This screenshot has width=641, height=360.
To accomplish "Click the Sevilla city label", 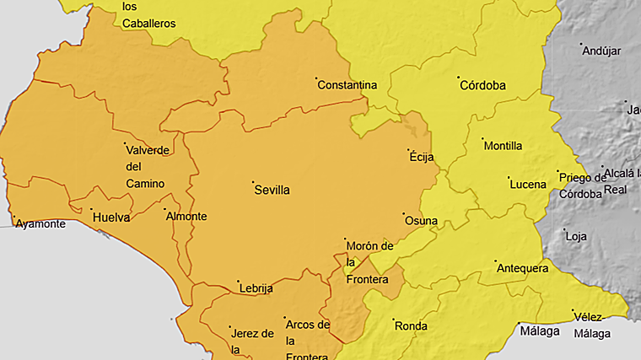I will [272, 191].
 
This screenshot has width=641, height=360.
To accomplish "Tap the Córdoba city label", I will [483, 86].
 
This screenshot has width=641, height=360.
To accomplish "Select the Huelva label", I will [111, 218].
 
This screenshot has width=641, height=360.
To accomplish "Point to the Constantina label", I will [347, 86].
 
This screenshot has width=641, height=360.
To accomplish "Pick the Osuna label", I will [422, 222].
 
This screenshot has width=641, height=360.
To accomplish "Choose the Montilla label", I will [504, 146].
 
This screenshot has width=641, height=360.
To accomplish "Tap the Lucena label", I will [527, 184].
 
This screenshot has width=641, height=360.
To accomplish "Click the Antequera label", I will [524, 269].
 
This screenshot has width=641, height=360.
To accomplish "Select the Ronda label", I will [411, 326].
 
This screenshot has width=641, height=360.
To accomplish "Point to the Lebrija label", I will [256, 288].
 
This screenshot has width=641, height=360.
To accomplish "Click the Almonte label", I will [186, 217].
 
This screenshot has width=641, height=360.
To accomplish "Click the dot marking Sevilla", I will [253, 181].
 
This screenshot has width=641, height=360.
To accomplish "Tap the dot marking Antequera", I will [496, 261].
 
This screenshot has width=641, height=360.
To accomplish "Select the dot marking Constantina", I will [316, 79].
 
